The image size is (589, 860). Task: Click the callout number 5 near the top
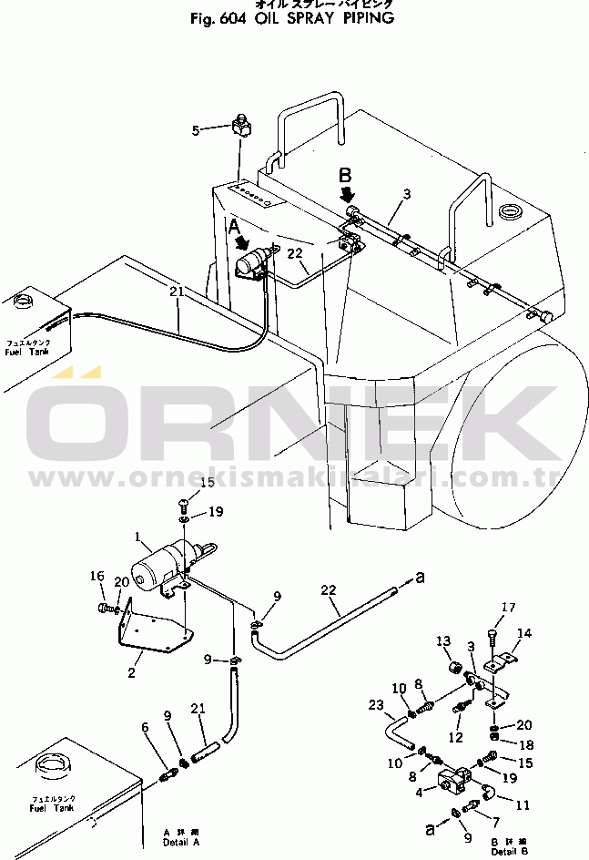[x=195, y=131]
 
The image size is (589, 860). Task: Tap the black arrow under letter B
[x=346, y=195]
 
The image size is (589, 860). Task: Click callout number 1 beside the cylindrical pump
[x=137, y=537]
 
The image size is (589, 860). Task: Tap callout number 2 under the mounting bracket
[x=132, y=673]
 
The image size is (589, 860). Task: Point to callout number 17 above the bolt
[x=508, y=608]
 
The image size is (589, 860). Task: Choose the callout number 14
[x=524, y=633]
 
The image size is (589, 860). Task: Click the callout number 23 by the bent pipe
[x=376, y=704]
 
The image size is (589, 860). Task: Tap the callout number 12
[x=456, y=737]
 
